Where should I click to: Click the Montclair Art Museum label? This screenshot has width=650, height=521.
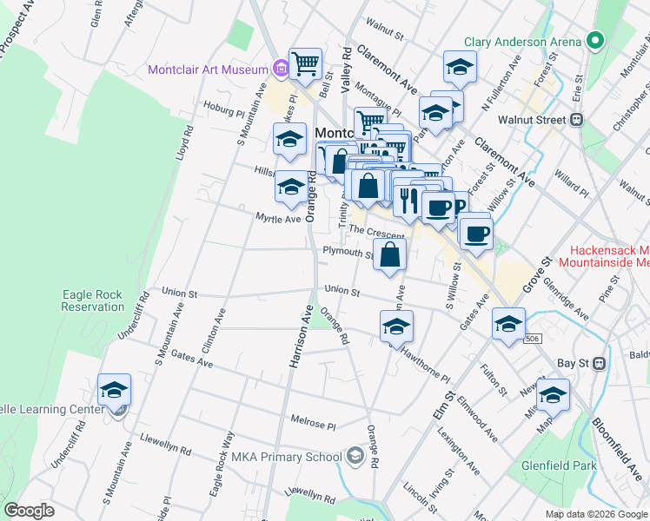pos(209,69)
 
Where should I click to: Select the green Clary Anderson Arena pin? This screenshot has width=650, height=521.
pos(595,41)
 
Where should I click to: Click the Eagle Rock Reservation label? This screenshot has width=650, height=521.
pos(93,300)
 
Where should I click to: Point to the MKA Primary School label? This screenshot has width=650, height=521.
pos(287,457)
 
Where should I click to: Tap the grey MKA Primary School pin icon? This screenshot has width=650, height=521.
pos(355,455)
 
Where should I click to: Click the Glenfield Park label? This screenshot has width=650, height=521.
pos(559,465)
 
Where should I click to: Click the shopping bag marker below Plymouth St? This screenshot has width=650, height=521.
pos(391,255)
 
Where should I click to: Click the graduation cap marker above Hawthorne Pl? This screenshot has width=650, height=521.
pos(396,326)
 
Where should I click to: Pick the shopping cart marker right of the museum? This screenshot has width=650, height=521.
pos(305,63)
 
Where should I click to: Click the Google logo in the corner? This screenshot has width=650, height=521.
pos(29,511)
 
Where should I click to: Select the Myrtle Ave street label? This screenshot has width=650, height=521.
pos(278,218)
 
